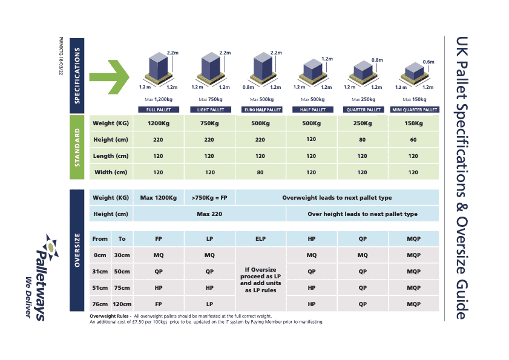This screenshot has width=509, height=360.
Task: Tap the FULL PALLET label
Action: (159, 110)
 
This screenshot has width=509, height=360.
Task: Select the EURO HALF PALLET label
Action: (263, 110)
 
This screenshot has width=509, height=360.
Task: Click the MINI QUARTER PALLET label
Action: (415, 110)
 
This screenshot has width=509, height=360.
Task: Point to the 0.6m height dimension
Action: (429, 62)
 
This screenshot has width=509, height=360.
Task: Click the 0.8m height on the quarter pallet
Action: (377, 60)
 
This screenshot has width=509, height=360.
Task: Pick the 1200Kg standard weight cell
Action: (159, 123)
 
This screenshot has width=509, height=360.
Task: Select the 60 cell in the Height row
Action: (413, 140)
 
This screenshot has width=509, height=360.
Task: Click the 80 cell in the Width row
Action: (260, 172)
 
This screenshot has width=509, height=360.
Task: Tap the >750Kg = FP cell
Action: (209, 198)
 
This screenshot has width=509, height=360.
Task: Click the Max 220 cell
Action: (209, 214)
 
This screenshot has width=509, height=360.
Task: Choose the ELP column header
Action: (260, 239)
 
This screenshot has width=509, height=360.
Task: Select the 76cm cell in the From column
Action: (100, 304)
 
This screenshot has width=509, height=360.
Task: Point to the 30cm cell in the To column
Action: (122, 255)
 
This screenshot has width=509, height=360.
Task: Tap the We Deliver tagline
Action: (28, 297)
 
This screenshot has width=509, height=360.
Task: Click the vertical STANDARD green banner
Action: (77, 147)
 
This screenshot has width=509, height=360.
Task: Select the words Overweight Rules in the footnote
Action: (109, 316)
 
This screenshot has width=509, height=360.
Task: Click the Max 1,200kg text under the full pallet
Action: (159, 99)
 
